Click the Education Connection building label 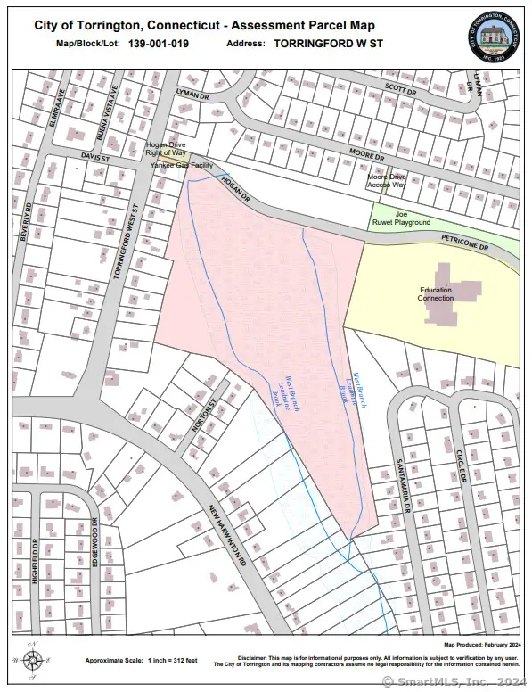click(x=436, y=293)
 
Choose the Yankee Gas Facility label click(x=182, y=166)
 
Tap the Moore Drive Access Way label click(x=387, y=180)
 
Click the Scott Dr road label click(x=400, y=90)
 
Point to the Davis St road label click(x=94, y=157)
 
